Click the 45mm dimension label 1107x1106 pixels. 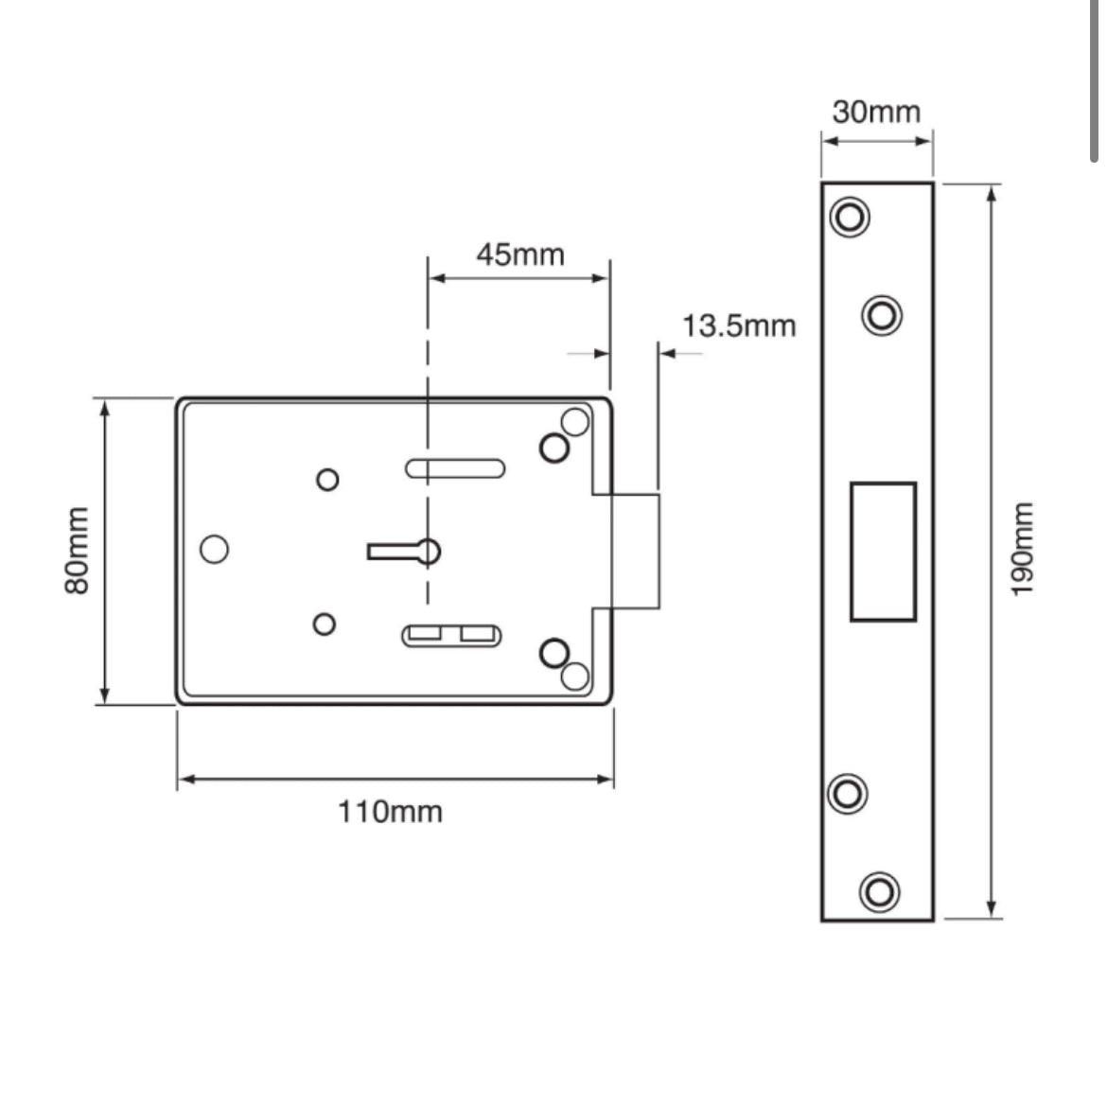pos(519,255)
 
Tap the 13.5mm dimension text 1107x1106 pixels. pos(739,326)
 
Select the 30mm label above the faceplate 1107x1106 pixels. pos(876,112)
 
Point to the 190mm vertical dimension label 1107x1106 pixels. pos(1023,550)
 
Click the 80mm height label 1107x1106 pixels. pos(77,552)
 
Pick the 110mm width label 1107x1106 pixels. pos(390,812)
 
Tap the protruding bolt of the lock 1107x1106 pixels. pos(635,550)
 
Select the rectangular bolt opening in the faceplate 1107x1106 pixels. pos(883,551)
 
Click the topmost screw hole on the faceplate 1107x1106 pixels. pos(850,217)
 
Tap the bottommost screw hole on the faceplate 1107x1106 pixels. pos(879,891)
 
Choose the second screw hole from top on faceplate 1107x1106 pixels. pos(882,314)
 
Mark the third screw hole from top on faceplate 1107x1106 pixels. pos(848,793)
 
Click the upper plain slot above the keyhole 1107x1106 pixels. pos(454,467)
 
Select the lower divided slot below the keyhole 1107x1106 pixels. pos(452,635)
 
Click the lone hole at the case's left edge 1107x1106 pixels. pos(215,549)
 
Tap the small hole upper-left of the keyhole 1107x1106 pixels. pos(327,480)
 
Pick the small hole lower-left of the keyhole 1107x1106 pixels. pos(325,624)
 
